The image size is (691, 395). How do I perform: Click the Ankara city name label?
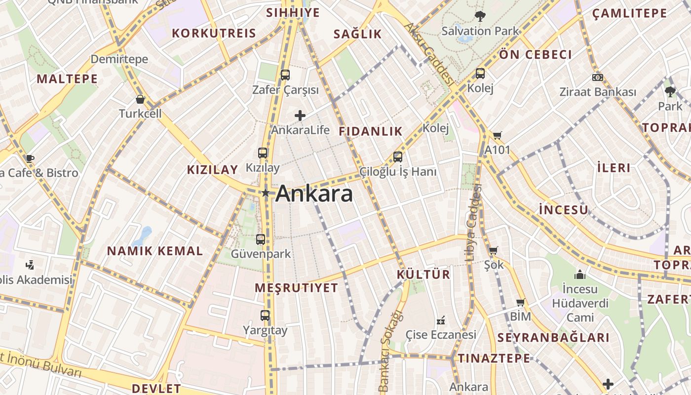click(x=314, y=194)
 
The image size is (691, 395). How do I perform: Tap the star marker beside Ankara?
click(x=266, y=193)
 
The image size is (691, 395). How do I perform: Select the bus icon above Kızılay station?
click(x=263, y=153)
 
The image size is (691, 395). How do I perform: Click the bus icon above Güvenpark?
click(x=261, y=239)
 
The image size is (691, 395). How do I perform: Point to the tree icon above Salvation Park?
click(x=480, y=16)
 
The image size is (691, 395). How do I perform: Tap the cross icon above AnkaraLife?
click(x=300, y=116)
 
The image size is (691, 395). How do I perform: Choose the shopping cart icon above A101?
click(x=497, y=135)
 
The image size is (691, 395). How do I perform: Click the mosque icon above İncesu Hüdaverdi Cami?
click(x=580, y=274)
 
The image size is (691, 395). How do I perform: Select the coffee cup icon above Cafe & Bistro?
click(x=30, y=158)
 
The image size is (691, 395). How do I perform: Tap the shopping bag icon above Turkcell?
click(x=140, y=99)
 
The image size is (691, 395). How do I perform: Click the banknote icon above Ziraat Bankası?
click(x=598, y=78)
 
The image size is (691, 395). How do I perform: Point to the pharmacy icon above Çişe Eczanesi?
click(x=441, y=320)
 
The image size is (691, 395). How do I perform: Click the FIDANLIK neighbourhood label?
click(x=371, y=131)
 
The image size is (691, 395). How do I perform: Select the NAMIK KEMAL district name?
click(x=155, y=251)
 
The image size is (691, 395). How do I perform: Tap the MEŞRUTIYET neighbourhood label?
click(x=297, y=288)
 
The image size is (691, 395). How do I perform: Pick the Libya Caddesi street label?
click(x=473, y=222)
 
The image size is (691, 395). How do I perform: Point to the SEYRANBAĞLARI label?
click(x=553, y=338)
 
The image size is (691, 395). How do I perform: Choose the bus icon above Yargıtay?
click(x=265, y=315)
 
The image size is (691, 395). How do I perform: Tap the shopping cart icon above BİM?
click(x=520, y=302)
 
